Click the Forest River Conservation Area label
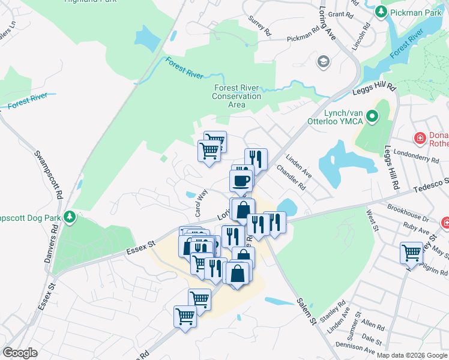pyautogui.click(x=237, y=96)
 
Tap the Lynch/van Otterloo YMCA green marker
pyautogui.click(x=372, y=116)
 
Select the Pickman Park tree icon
pyautogui.click(x=381, y=11)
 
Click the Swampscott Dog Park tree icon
pyautogui.click(x=71, y=215)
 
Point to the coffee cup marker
pyautogui.click(x=241, y=180)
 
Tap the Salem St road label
pyautogui.click(x=307, y=312)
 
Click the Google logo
pyautogui.click(x=20, y=353)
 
